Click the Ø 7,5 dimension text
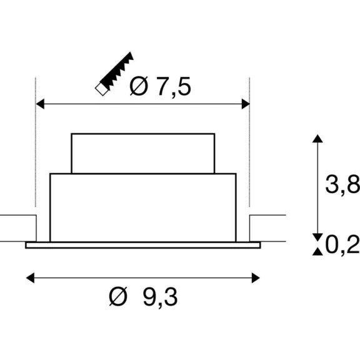tap(160, 86)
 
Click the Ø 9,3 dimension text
tap(143, 297)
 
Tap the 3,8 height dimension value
tap(342, 184)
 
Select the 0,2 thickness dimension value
tap(342, 244)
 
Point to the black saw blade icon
tap(117, 71)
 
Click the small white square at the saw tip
tap(101, 89)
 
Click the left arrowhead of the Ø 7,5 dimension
tap(40, 104)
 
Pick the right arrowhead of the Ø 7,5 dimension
tap(246, 104)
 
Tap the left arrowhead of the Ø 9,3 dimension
tap(30, 277)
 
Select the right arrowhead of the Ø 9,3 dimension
tap(256, 277)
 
